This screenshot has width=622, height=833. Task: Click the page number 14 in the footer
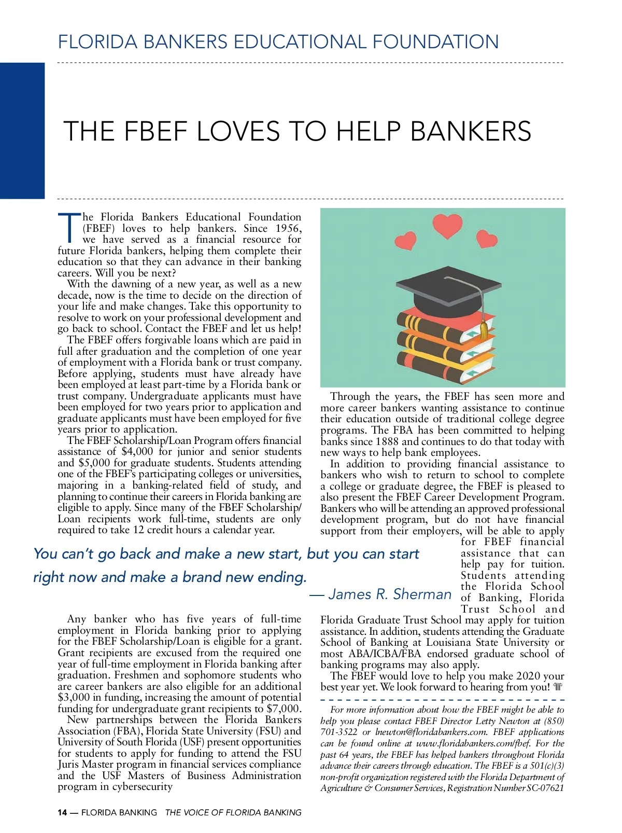click(62, 812)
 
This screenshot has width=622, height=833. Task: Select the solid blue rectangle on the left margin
click(22, 130)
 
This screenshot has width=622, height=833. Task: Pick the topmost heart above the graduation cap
click(447, 226)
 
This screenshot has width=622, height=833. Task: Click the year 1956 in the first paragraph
click(288, 228)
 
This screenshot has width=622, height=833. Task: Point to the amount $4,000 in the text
click(137, 452)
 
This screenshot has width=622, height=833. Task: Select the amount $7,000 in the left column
click(283, 709)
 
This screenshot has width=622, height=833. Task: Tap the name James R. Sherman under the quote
click(390, 594)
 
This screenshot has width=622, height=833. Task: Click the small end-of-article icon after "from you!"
click(558, 687)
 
